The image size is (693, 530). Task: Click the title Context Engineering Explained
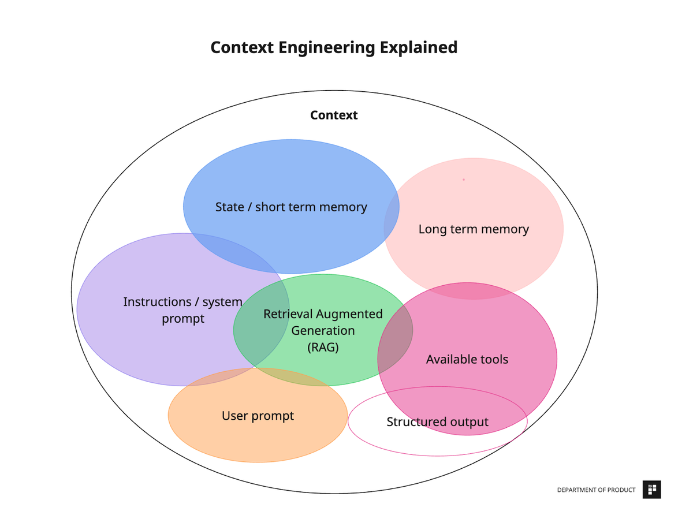334,47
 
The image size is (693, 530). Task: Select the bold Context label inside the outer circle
334,115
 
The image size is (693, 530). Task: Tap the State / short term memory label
291,207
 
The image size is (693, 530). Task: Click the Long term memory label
474,229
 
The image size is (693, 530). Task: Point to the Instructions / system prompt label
183,310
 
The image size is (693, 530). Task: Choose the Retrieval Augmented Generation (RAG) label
323,330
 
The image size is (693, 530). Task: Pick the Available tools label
467,359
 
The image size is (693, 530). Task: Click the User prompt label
258,416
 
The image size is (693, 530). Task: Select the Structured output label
437,422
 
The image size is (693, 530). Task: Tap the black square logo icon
651,490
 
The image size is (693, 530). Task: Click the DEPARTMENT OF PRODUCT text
596,490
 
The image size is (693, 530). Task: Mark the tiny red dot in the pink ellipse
463,180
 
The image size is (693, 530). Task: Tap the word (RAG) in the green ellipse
323,348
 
